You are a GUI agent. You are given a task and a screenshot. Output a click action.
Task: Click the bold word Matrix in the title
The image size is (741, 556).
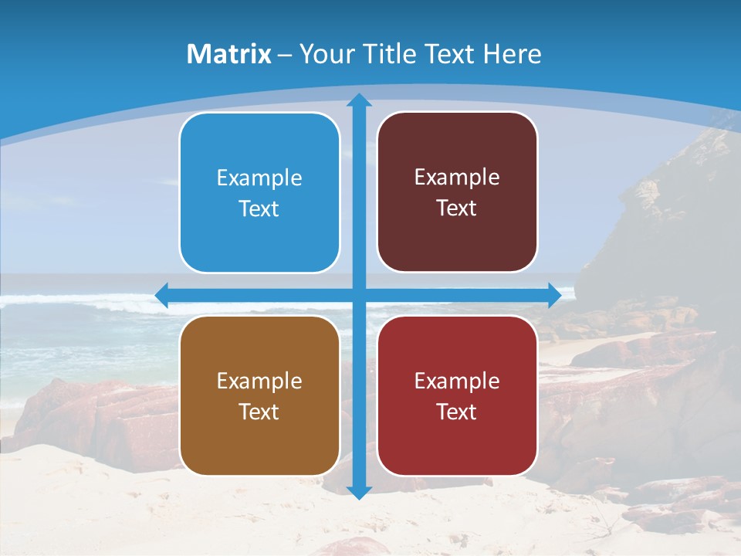229,54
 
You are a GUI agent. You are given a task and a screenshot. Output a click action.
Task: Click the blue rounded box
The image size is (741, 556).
259,239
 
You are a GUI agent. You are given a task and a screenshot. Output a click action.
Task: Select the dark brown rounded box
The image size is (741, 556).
457,239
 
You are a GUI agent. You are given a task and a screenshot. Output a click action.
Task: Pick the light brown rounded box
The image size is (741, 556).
259,444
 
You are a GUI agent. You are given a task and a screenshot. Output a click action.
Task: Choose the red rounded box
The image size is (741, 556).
457,444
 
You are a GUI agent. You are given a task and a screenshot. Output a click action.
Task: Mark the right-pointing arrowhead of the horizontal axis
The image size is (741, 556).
554,295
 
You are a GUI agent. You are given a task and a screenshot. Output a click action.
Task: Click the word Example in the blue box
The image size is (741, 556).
259,178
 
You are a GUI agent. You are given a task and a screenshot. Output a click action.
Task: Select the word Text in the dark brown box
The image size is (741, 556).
457,208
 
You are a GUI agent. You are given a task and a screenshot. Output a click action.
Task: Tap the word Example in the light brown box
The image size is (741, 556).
259,381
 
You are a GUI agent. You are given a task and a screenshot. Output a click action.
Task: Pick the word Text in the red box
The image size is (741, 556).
457,412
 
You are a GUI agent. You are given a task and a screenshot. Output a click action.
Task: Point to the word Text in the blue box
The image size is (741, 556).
259,209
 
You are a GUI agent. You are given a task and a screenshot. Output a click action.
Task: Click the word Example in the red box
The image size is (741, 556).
457,381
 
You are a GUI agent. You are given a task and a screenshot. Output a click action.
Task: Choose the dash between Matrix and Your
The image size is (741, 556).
285,55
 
